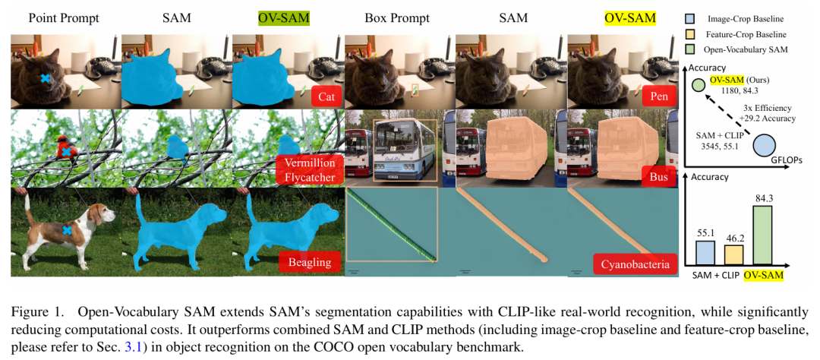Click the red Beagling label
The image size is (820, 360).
coord(309,263)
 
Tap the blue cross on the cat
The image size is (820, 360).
coord(45,78)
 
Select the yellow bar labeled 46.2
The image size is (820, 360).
coord(733,254)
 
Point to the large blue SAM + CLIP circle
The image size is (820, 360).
coord(764,146)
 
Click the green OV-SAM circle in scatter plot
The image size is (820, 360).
coord(699,84)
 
